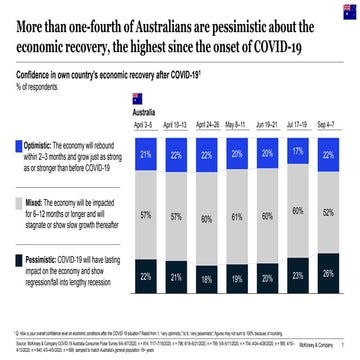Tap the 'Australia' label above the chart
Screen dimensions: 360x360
pyautogui.click(x=146, y=113)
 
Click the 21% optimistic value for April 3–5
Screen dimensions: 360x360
pyautogui.click(x=145, y=155)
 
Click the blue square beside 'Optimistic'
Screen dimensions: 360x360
pyautogui.click(x=19, y=146)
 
